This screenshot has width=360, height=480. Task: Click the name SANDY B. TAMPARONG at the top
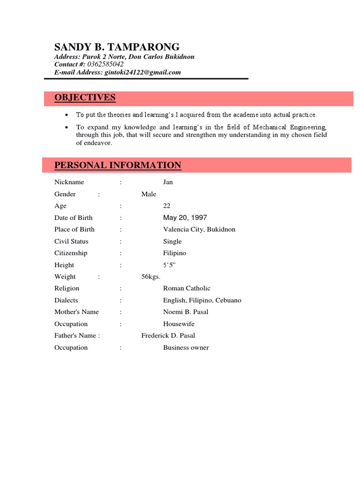click(x=117, y=47)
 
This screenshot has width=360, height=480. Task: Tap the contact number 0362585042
click(x=105, y=64)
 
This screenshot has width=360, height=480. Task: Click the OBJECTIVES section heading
click(x=85, y=97)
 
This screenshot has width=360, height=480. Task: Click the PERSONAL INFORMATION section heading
click(x=118, y=165)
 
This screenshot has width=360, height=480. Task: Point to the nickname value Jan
click(x=168, y=182)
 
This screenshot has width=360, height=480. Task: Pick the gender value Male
click(x=149, y=194)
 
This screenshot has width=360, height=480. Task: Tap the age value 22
click(x=167, y=206)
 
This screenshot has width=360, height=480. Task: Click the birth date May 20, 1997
click(x=185, y=217)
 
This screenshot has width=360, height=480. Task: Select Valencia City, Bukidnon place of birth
click(x=199, y=229)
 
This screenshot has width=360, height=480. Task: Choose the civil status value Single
click(x=172, y=241)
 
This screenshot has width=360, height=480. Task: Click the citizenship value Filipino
click(x=174, y=253)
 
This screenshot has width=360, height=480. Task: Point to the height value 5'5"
click(x=169, y=265)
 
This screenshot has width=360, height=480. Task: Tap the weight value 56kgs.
click(x=151, y=277)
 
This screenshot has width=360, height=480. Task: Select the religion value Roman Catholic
click(x=187, y=288)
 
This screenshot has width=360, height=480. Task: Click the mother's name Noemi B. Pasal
click(x=186, y=312)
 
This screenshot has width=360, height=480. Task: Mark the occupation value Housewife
click(x=179, y=324)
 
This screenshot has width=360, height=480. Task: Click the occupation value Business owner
click(x=186, y=347)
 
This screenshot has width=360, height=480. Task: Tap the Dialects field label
click(x=66, y=300)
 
